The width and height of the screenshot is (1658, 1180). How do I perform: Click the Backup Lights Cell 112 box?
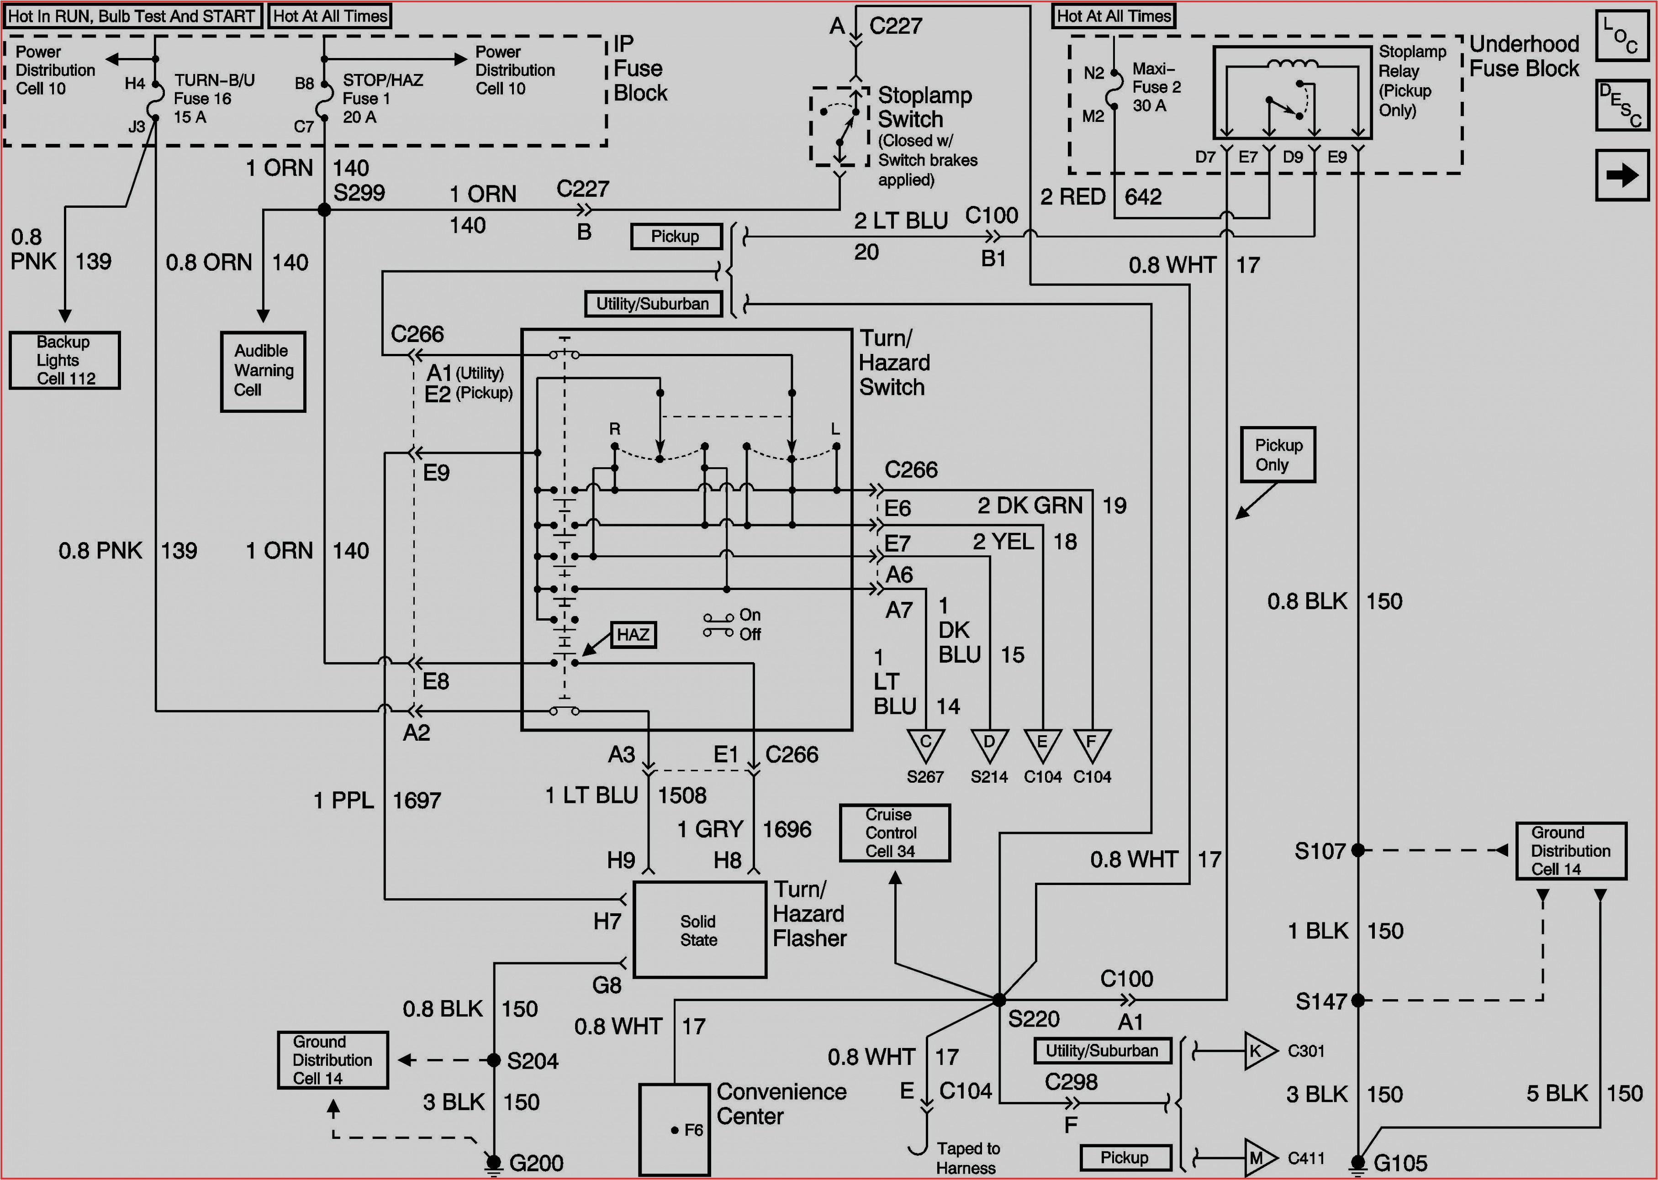(65, 360)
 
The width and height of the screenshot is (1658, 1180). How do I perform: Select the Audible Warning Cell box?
(263, 371)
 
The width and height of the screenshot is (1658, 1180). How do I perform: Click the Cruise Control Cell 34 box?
(894, 832)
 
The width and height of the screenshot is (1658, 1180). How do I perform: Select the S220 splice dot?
(999, 1000)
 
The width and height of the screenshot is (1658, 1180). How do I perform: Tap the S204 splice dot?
(493, 1060)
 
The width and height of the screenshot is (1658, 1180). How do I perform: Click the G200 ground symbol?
(493, 1163)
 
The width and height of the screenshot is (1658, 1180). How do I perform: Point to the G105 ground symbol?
(1357, 1163)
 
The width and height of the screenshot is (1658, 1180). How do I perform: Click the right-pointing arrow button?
(1621, 175)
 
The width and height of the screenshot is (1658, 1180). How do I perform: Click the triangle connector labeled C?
(926, 745)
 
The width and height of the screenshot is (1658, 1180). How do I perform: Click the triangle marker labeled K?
(1258, 1051)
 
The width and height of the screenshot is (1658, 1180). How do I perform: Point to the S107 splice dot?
(1357, 850)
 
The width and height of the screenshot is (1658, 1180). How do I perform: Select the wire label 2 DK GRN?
(1030, 506)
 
